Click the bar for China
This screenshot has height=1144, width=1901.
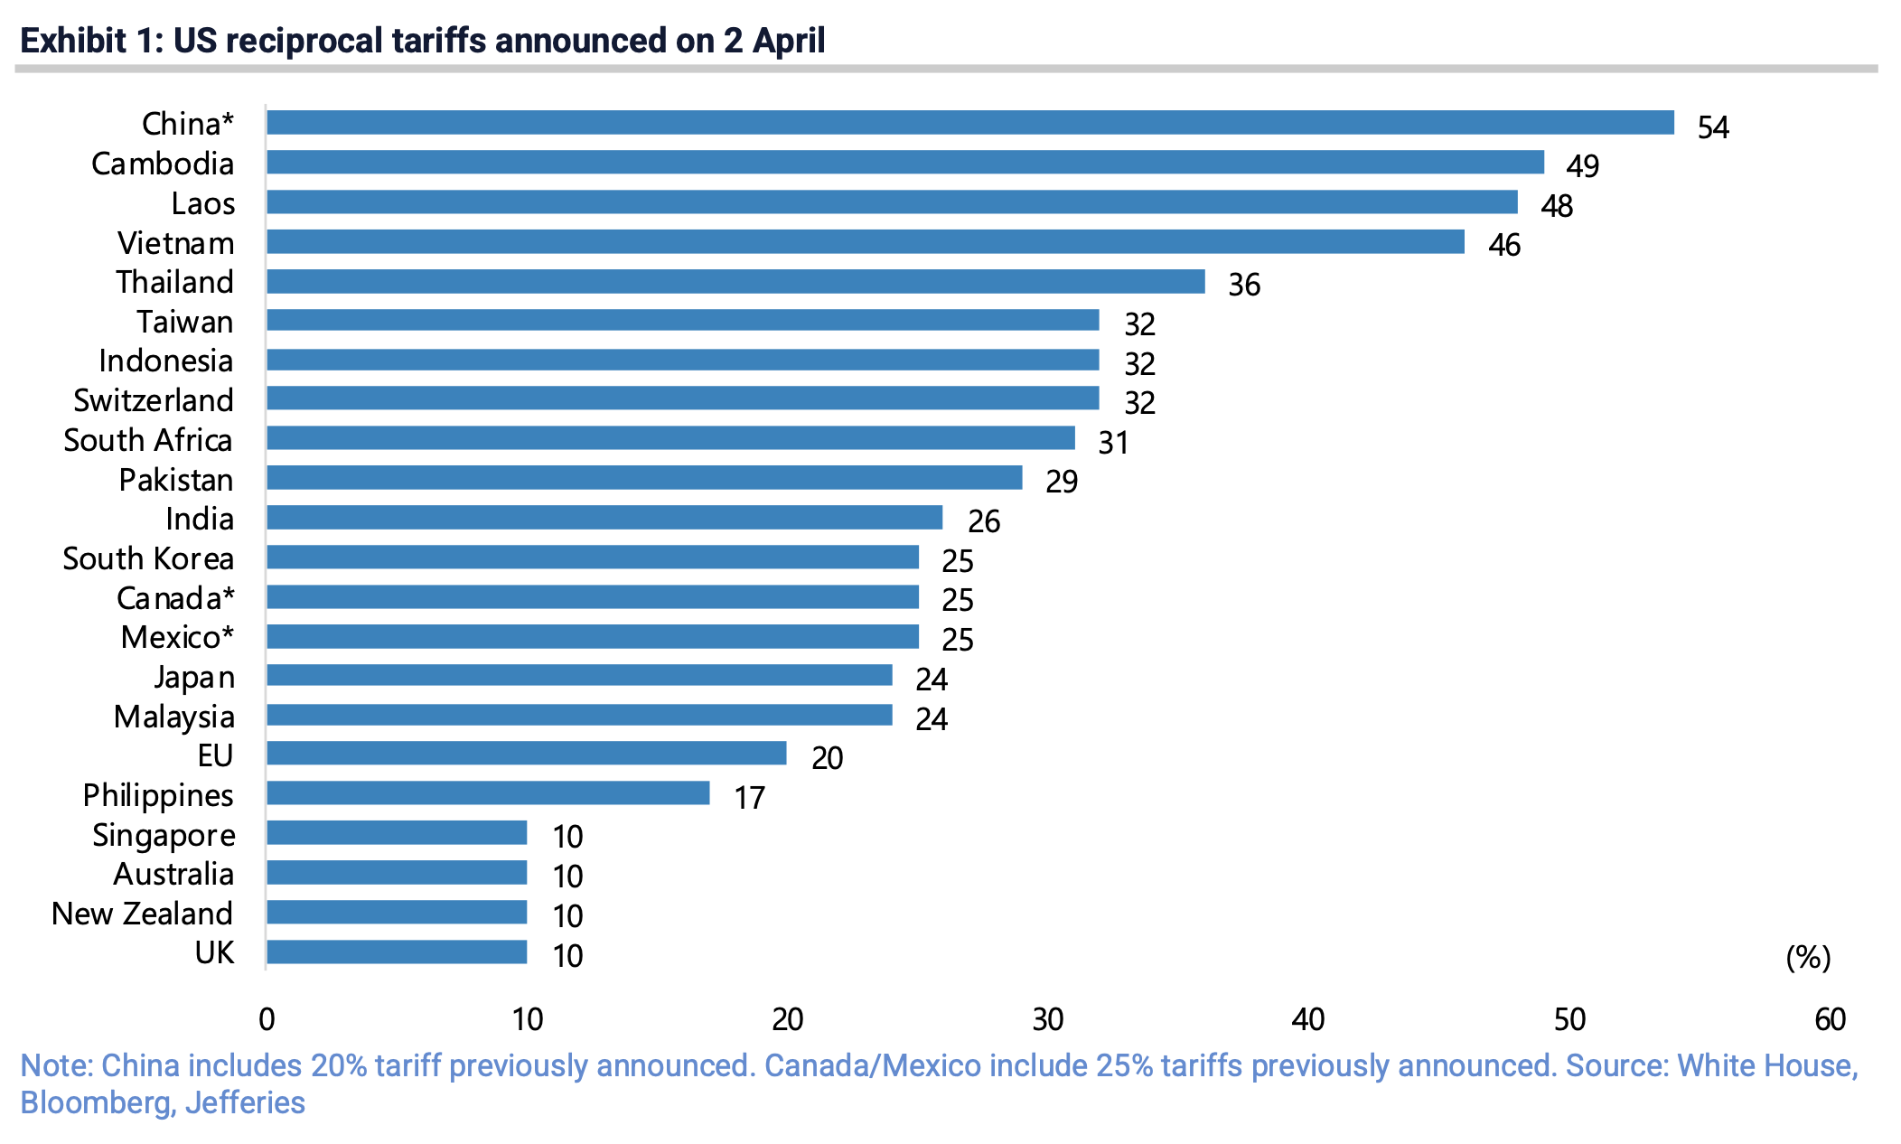tap(969, 123)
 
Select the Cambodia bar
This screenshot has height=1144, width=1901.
tap(904, 163)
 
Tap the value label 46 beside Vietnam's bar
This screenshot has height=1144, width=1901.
tap(1504, 245)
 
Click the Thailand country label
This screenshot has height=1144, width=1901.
tap(175, 282)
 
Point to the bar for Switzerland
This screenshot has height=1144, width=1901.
tap(682, 399)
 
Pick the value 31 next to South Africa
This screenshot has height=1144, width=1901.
tap(1113, 443)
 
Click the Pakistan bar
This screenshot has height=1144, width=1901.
tap(644, 478)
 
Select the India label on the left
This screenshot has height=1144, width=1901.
tap(200, 519)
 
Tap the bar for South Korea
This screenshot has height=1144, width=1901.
tap(592, 558)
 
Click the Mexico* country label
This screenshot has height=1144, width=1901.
tap(177, 637)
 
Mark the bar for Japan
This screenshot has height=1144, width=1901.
tap(579, 676)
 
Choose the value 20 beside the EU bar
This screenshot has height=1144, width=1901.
tap(827, 758)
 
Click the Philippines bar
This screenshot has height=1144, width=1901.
tap(488, 793)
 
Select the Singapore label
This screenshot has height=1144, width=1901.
tap(164, 835)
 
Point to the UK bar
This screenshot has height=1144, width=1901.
tap(397, 952)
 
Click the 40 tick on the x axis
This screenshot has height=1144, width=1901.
tap(1307, 1019)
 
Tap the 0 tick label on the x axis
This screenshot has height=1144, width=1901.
tap(267, 1019)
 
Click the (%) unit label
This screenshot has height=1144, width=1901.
tap(1808, 957)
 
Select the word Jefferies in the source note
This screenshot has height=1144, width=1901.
tap(245, 1103)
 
